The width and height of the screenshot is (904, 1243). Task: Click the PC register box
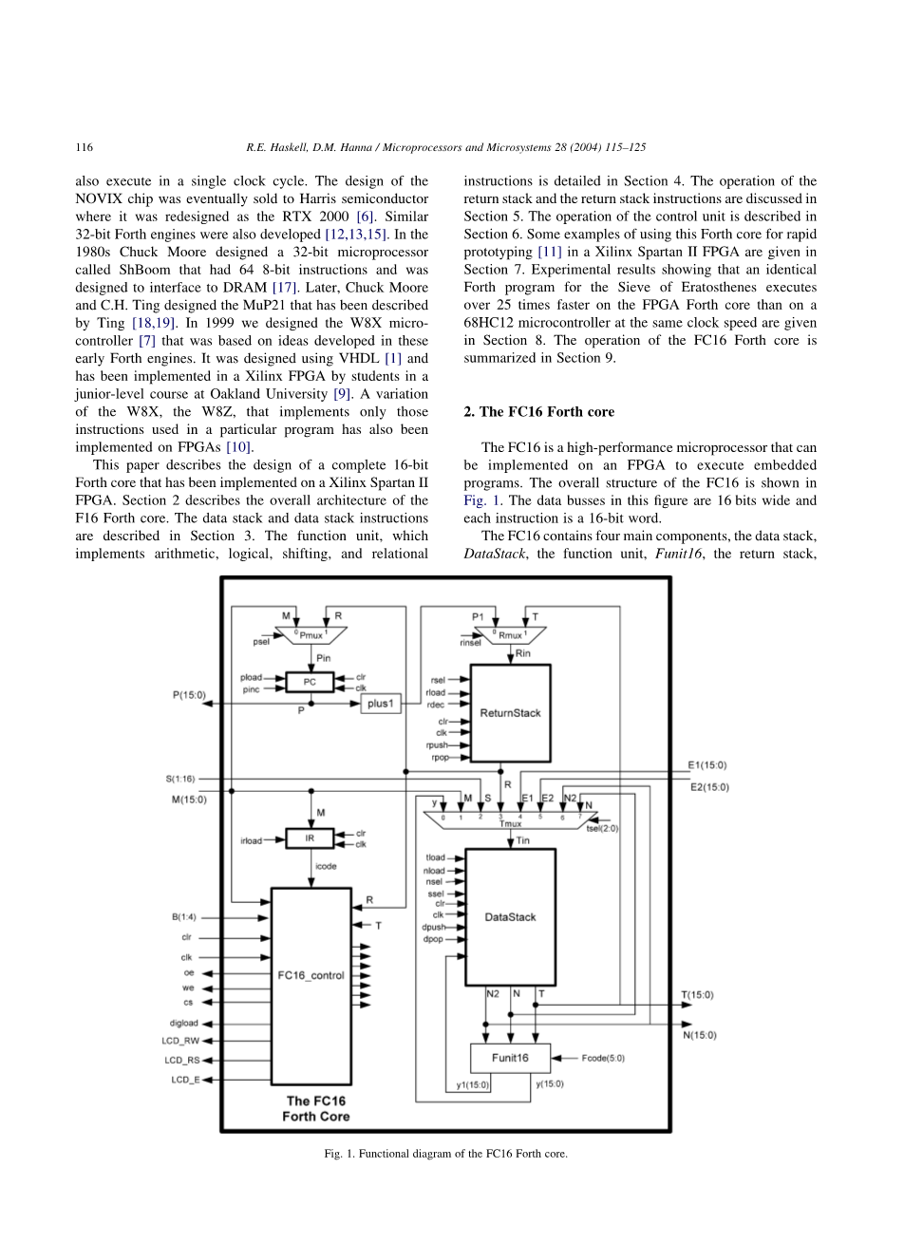click(310, 682)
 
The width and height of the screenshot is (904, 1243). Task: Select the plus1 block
click(381, 704)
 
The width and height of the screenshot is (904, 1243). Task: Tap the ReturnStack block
click(510, 713)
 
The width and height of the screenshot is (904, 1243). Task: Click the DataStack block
click(510, 917)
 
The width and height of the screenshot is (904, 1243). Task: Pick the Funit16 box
click(510, 1058)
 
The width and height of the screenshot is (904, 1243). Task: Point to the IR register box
click(310, 838)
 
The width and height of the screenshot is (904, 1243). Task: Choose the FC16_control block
click(311, 975)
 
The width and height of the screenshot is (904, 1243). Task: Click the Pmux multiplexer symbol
click(311, 634)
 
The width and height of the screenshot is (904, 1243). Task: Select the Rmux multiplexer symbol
click(510, 634)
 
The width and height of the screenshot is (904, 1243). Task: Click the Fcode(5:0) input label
click(603, 1058)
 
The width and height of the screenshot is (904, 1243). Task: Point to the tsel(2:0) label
click(602, 828)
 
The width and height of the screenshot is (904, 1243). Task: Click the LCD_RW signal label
click(180, 1042)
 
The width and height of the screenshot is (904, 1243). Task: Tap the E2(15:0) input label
click(709, 787)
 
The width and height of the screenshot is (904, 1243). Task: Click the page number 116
click(84, 147)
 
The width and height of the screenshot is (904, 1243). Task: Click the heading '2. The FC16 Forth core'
click(538, 412)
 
